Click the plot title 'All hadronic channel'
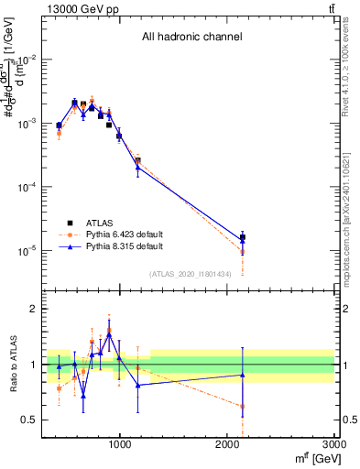point(191,38)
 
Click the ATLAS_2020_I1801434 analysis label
point(190,274)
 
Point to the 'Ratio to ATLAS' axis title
point(12,364)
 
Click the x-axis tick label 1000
point(120,445)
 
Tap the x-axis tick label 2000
point(227,445)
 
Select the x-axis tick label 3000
point(334,445)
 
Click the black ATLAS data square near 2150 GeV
point(243,237)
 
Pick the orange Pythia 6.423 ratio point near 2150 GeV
point(243,406)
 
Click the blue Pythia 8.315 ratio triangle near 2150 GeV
point(243,375)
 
